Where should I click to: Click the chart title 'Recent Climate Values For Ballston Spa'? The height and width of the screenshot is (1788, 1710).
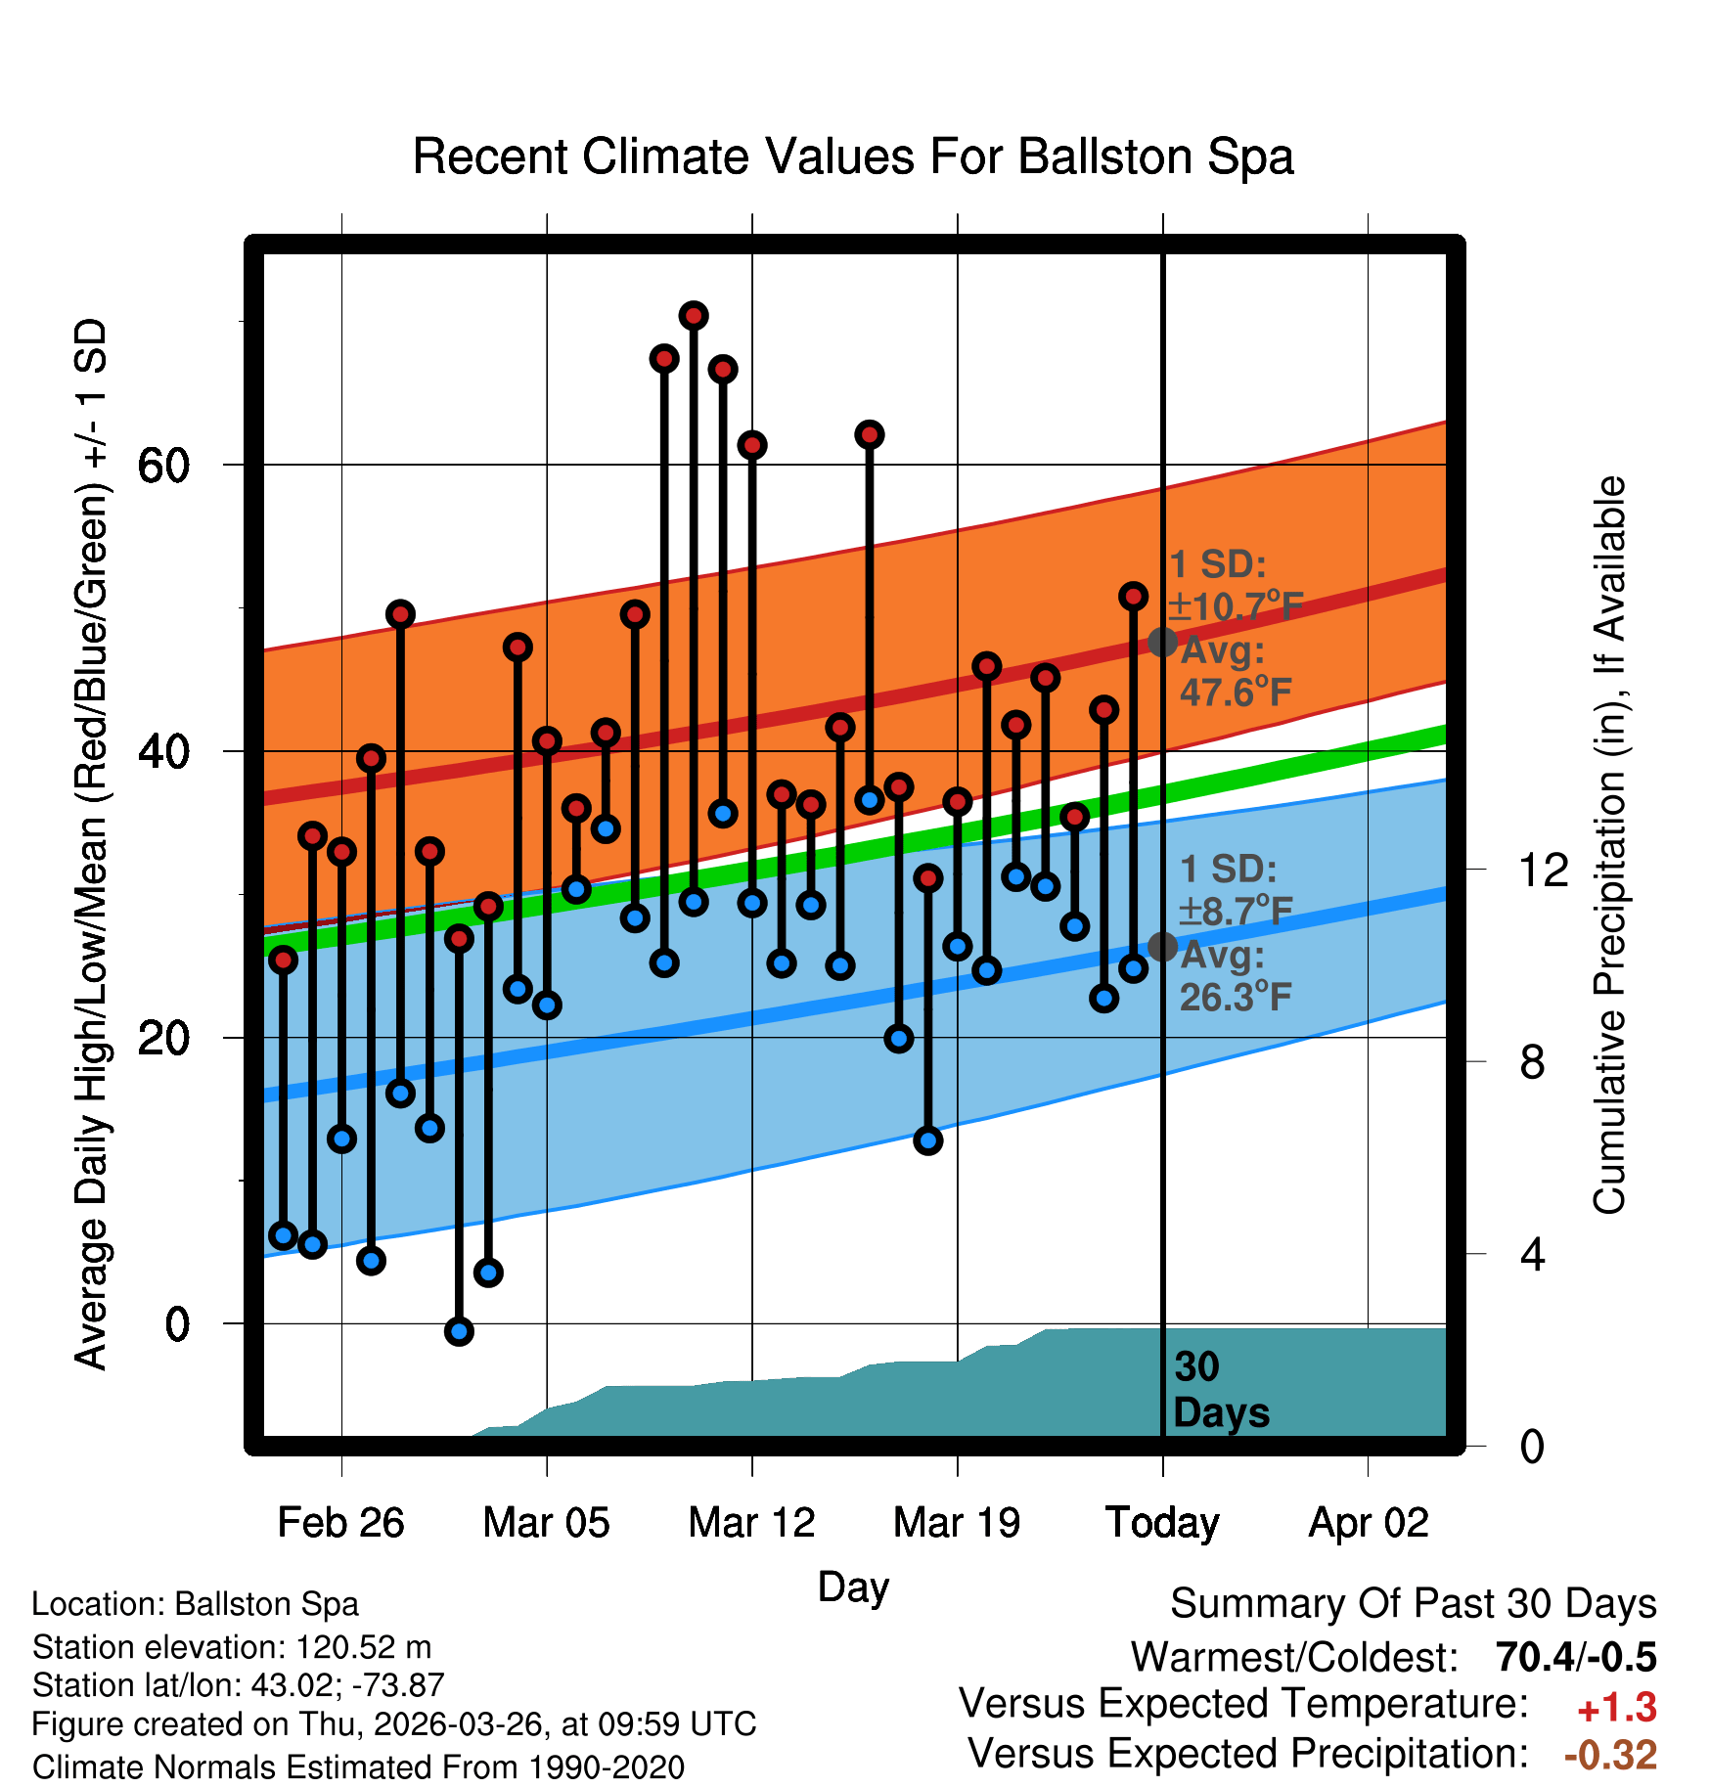(853, 156)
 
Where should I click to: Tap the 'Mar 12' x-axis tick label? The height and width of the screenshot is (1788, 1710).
(751, 1522)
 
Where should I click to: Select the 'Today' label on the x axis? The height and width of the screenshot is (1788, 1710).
(1162, 1523)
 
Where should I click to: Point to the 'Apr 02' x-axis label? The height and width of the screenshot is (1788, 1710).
(1369, 1523)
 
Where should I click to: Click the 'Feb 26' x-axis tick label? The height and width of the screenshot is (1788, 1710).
(340, 1522)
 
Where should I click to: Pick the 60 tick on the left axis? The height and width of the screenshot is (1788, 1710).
(163, 466)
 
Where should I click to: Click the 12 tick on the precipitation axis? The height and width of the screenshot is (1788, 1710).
(1544, 870)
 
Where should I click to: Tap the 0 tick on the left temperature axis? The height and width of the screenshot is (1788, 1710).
(177, 1324)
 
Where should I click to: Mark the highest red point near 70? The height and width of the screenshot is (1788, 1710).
(694, 316)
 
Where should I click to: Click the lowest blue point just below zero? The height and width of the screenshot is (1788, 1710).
(459, 1331)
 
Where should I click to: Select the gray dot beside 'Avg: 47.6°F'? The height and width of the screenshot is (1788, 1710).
(1162, 642)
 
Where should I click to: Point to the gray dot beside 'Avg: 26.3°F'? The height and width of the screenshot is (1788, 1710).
(1162, 947)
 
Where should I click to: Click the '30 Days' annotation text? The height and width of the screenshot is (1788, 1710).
(1221, 1390)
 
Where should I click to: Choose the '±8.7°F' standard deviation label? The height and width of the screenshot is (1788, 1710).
(1236, 911)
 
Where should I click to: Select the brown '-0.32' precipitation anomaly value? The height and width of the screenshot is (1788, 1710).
(1611, 1755)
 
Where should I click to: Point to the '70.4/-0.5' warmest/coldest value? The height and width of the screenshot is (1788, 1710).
(1576, 1657)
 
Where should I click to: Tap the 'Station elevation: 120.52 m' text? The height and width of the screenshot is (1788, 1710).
(232, 1647)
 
